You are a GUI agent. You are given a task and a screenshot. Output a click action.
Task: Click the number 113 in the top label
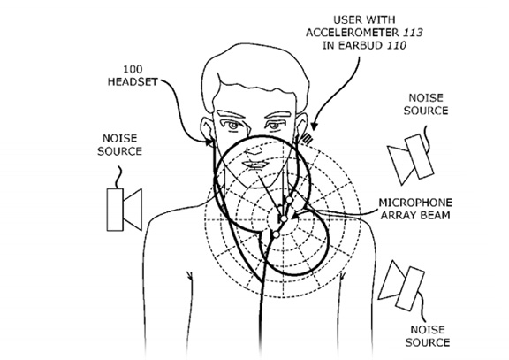click(413, 33)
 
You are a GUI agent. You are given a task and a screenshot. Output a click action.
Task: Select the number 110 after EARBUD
click(397, 45)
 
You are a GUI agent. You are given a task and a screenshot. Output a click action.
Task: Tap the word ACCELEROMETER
click(353, 33)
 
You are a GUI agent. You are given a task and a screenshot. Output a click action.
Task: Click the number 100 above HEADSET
click(133, 69)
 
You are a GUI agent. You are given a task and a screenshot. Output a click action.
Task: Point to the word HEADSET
click(133, 81)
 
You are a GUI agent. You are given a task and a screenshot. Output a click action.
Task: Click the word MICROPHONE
click(415, 203)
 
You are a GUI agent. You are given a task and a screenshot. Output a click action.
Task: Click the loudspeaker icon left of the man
click(125, 210)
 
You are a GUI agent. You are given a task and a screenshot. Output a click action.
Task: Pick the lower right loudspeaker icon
click(402, 286)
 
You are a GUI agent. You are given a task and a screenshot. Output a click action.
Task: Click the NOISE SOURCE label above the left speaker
click(120, 145)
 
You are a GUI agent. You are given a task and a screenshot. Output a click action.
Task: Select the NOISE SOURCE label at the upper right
click(426, 104)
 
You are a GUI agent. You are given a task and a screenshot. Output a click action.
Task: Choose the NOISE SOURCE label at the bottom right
click(427, 336)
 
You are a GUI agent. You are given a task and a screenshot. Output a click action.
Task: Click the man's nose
click(255, 149)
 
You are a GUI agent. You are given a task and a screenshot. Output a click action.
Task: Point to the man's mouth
click(255, 165)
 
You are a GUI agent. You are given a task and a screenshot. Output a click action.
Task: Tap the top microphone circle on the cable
click(289, 199)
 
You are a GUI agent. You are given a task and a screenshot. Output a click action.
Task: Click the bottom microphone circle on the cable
click(276, 234)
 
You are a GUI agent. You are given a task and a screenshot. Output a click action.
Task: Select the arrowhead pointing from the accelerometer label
click(313, 126)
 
